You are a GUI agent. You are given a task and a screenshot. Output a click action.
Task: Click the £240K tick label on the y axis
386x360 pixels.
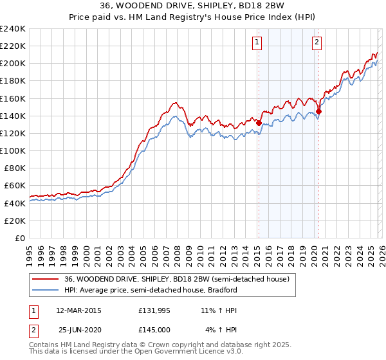click(13, 29)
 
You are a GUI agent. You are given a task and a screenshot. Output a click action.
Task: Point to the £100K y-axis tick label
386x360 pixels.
click(13, 150)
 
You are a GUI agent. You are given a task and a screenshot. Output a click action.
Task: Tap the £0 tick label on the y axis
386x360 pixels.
click(21, 238)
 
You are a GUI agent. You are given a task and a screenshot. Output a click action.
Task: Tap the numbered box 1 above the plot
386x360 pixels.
click(257, 43)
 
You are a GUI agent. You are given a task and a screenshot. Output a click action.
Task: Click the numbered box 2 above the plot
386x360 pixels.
click(317, 43)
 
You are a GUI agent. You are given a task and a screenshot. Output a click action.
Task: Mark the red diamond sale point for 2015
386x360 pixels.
click(259, 122)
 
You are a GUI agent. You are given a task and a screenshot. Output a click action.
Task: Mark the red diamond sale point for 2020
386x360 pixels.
click(318, 111)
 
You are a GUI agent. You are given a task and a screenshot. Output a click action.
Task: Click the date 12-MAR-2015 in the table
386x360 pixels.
click(79, 310)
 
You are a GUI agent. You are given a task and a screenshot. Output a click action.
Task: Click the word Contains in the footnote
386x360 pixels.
click(44, 345)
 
